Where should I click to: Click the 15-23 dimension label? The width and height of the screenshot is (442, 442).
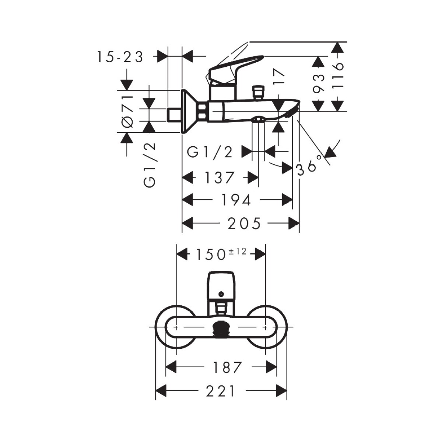(120, 57)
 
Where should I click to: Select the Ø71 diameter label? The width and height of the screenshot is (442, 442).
(128, 112)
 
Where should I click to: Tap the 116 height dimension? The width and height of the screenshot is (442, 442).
(338, 76)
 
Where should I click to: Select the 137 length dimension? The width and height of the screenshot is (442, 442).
(220, 178)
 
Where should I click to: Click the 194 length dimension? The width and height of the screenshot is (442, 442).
(236, 200)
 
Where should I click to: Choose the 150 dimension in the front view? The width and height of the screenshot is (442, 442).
(210, 255)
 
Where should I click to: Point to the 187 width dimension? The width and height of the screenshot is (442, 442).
(227, 367)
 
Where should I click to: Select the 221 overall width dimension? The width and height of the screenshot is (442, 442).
(220, 391)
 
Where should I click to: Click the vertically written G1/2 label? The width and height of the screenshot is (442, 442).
(150, 165)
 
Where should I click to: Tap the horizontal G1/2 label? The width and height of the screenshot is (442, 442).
(210, 152)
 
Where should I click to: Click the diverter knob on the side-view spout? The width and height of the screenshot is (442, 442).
(259, 92)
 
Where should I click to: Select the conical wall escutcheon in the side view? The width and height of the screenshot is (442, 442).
(190, 111)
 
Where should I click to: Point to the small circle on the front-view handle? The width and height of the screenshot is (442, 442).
(221, 294)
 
